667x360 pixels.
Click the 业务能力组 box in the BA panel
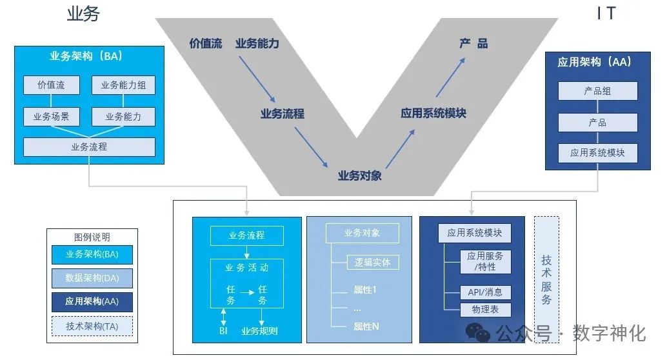point(123,85)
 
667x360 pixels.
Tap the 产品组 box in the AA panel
point(597,91)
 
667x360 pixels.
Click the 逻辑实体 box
point(372,262)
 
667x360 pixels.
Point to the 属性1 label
point(365,290)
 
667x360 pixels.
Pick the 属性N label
point(366,326)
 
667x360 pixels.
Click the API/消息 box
point(485,292)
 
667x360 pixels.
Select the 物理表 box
point(485,310)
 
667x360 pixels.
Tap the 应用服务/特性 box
point(485,261)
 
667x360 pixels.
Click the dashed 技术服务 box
point(546,279)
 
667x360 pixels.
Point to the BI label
point(223,331)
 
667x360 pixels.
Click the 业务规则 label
point(259,331)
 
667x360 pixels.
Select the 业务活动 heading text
point(246,267)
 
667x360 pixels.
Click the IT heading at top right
point(606,14)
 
